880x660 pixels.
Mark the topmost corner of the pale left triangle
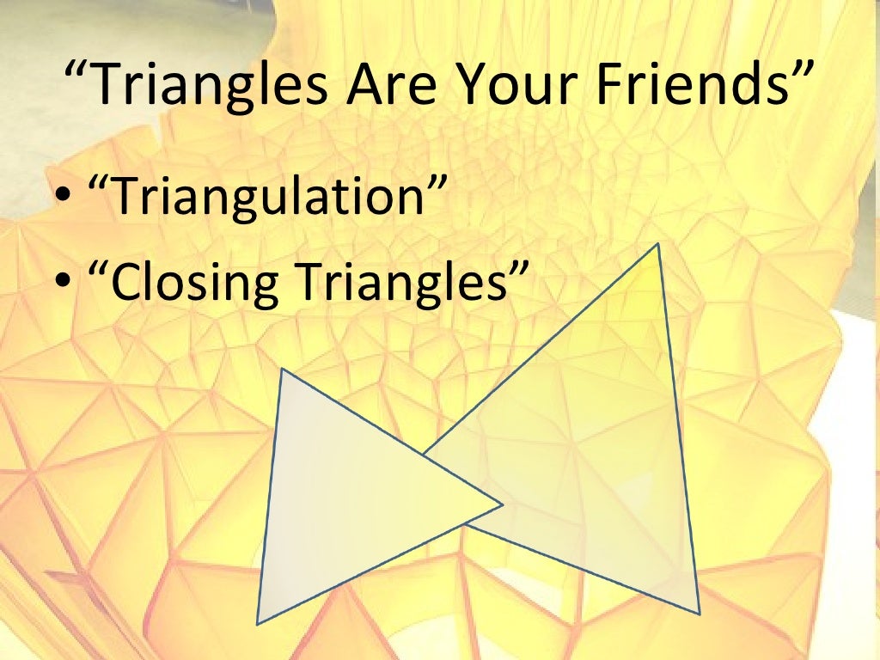pyautogui.click(x=282, y=370)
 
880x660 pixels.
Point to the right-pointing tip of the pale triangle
pyautogui.click(x=503, y=504)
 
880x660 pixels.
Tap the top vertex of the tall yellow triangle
pyautogui.click(x=658, y=243)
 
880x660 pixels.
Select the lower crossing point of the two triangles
pyautogui.click(x=465, y=523)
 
